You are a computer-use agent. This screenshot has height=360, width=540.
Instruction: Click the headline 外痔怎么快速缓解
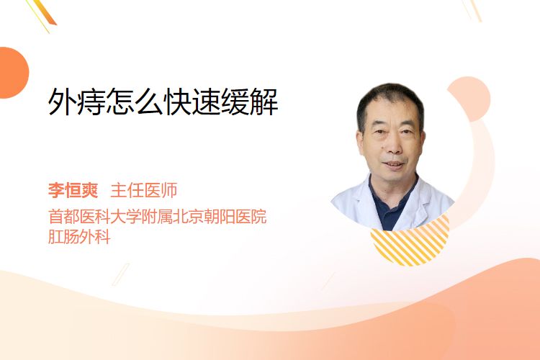click(x=163, y=102)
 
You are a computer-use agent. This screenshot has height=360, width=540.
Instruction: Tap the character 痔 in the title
click(x=91, y=102)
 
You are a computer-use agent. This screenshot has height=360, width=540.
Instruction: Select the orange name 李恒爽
click(x=73, y=190)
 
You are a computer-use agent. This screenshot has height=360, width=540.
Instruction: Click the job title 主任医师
click(x=144, y=190)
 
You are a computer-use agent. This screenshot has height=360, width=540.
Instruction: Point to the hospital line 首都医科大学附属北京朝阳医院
click(x=158, y=217)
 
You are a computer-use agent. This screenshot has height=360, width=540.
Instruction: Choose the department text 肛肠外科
click(x=79, y=237)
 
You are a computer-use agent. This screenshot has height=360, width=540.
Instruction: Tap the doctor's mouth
click(x=393, y=165)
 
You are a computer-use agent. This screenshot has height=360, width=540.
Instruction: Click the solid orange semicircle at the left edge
click(x=13, y=73)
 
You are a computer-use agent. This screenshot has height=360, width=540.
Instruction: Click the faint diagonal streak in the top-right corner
click(x=473, y=9)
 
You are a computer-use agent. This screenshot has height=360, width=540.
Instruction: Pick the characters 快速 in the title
click(x=192, y=102)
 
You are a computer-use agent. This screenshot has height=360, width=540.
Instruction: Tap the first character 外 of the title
click(x=62, y=102)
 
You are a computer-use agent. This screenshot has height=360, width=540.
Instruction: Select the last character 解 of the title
click(x=264, y=102)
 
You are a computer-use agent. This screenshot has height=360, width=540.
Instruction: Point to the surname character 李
click(x=56, y=190)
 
